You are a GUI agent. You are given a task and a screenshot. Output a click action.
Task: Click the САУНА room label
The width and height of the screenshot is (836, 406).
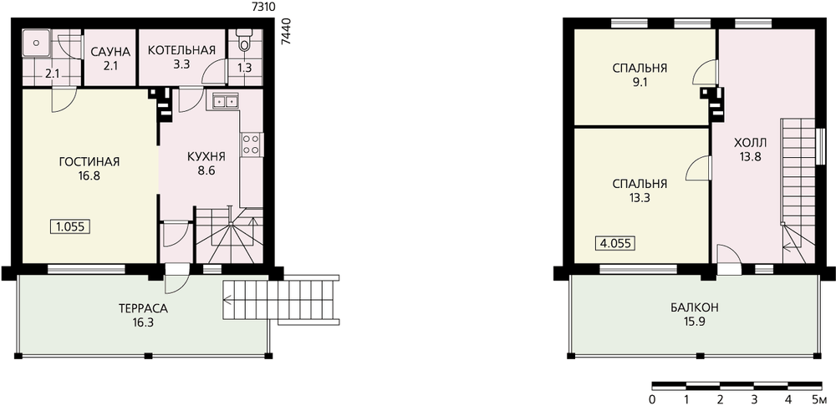coord(110,52)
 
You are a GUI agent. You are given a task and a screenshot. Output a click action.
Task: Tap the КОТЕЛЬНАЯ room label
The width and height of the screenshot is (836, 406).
coord(181,50)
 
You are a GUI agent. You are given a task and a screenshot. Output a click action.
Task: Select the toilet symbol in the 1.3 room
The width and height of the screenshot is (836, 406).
coord(245,40)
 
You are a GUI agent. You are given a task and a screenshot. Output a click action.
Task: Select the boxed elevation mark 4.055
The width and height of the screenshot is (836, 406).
coord(615,243)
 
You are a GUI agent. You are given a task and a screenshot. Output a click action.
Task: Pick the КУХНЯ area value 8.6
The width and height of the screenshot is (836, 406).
coord(206,171)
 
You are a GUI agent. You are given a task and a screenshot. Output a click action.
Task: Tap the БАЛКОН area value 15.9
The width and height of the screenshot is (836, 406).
coord(694,322)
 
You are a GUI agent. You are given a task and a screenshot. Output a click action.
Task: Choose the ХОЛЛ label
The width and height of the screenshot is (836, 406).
coord(750,143)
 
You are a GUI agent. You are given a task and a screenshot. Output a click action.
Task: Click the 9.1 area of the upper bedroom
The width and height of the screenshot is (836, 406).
coord(640,83)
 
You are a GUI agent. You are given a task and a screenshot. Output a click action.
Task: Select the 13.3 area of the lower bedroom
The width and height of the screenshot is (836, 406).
coord(640,198)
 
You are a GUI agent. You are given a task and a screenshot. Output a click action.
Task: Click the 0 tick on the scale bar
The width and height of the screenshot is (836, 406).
coord(653,398)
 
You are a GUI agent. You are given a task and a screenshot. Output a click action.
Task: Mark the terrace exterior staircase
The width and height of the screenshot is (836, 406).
coord(281,300)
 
